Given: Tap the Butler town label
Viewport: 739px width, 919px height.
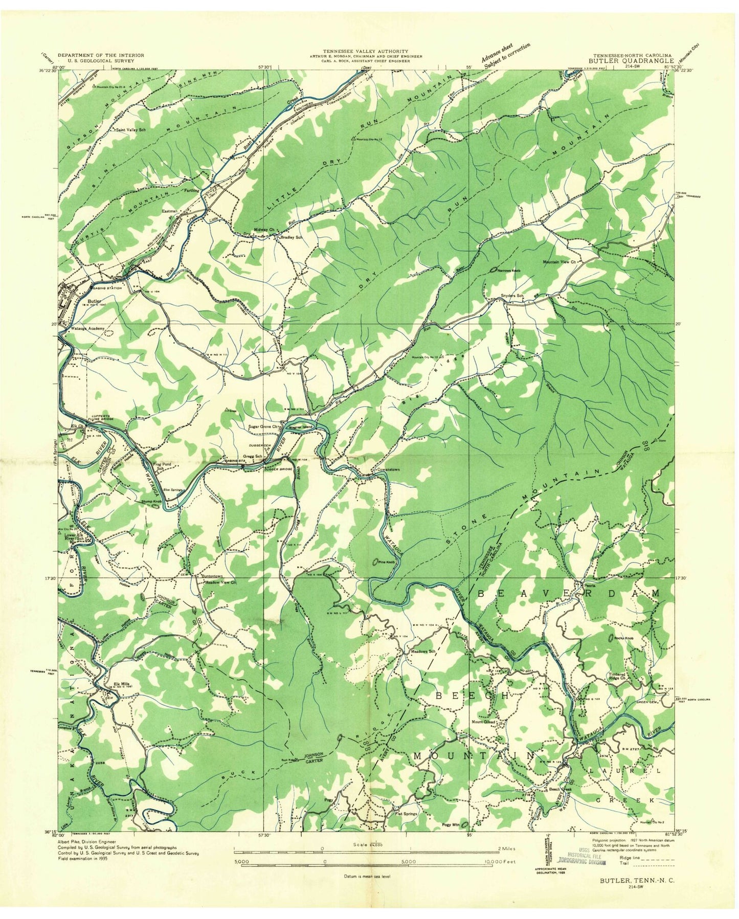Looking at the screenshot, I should [93, 302].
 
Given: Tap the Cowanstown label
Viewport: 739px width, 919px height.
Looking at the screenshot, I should [387, 469].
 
